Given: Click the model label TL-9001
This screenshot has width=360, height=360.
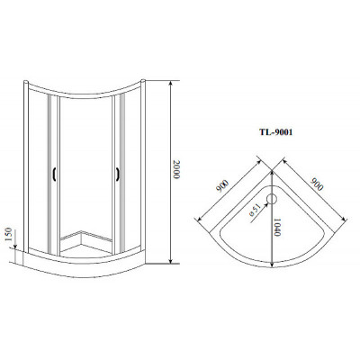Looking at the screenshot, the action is [275, 132].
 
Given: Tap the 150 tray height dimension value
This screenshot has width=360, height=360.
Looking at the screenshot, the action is [9, 235].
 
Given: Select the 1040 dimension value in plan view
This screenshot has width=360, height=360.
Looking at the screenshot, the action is [277, 227].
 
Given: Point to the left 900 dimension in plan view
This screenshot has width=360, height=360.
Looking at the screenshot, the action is [222, 186].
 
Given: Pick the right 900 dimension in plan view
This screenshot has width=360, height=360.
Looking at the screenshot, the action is [317, 184].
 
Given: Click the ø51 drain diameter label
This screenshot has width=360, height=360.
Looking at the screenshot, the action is [254, 211].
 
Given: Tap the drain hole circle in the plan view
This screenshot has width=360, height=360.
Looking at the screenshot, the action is [272, 199].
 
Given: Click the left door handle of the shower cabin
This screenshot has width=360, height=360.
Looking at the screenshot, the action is [54, 175].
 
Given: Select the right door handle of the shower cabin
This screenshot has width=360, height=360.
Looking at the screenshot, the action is [118, 175].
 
